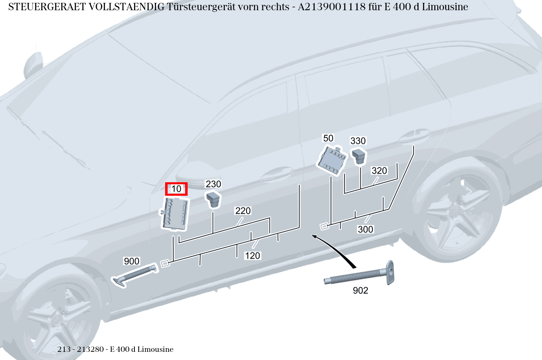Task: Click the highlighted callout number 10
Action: [x=176, y=189]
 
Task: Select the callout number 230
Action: [x=213, y=184]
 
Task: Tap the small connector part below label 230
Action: [x=213, y=199]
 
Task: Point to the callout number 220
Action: [x=243, y=211]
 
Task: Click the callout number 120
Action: [x=252, y=256]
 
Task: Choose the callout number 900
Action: [x=132, y=262]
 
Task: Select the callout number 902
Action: [x=360, y=291]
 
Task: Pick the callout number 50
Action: [x=328, y=138]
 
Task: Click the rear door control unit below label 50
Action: [x=332, y=160]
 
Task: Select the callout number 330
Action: [x=358, y=141]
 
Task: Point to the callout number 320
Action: [x=379, y=171]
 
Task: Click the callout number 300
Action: [x=365, y=230]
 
